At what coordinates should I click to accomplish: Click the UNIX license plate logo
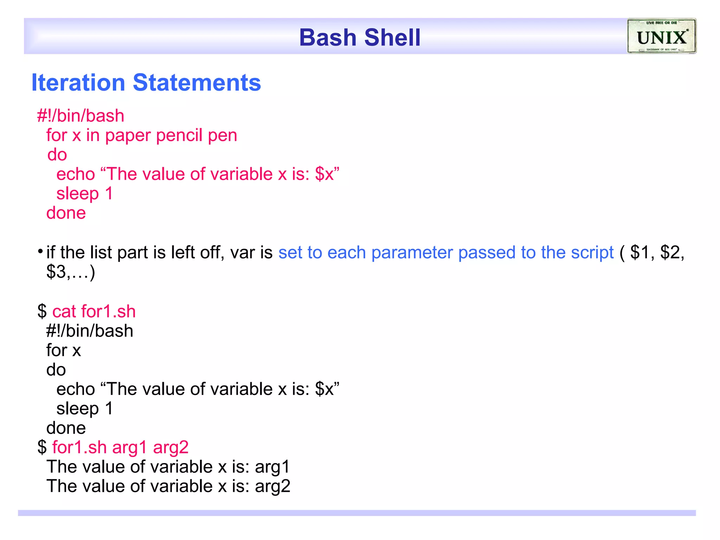pos(661,36)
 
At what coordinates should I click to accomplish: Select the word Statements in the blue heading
pos(197,83)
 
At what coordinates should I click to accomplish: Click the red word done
pos(66,213)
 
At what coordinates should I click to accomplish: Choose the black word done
pos(66,428)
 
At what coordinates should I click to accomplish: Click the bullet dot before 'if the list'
pos(40,251)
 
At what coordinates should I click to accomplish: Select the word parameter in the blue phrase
pos(412,253)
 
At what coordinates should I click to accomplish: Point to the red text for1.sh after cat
pos(108,312)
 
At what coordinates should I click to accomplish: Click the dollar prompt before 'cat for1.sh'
pos(42,312)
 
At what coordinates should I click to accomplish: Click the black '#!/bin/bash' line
pos(90,331)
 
